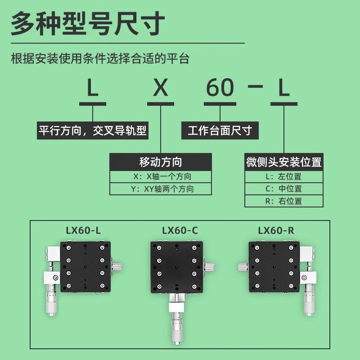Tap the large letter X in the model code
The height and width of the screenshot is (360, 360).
(161, 88)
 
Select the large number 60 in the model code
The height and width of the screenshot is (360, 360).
(220, 88)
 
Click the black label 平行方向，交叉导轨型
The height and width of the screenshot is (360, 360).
(93, 131)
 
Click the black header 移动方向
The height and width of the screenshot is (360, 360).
(161, 162)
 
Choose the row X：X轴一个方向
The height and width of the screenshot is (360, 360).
(161, 176)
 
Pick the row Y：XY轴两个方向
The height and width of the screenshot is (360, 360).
(161, 189)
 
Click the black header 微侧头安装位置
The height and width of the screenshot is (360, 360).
(284, 162)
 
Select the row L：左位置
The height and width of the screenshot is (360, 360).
(284, 176)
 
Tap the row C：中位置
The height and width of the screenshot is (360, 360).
(284, 189)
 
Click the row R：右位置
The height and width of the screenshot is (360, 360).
(284, 201)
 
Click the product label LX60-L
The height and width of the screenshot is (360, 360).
(83, 231)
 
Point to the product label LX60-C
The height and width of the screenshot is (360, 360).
(180, 231)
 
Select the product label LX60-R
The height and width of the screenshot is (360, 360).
(276, 231)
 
